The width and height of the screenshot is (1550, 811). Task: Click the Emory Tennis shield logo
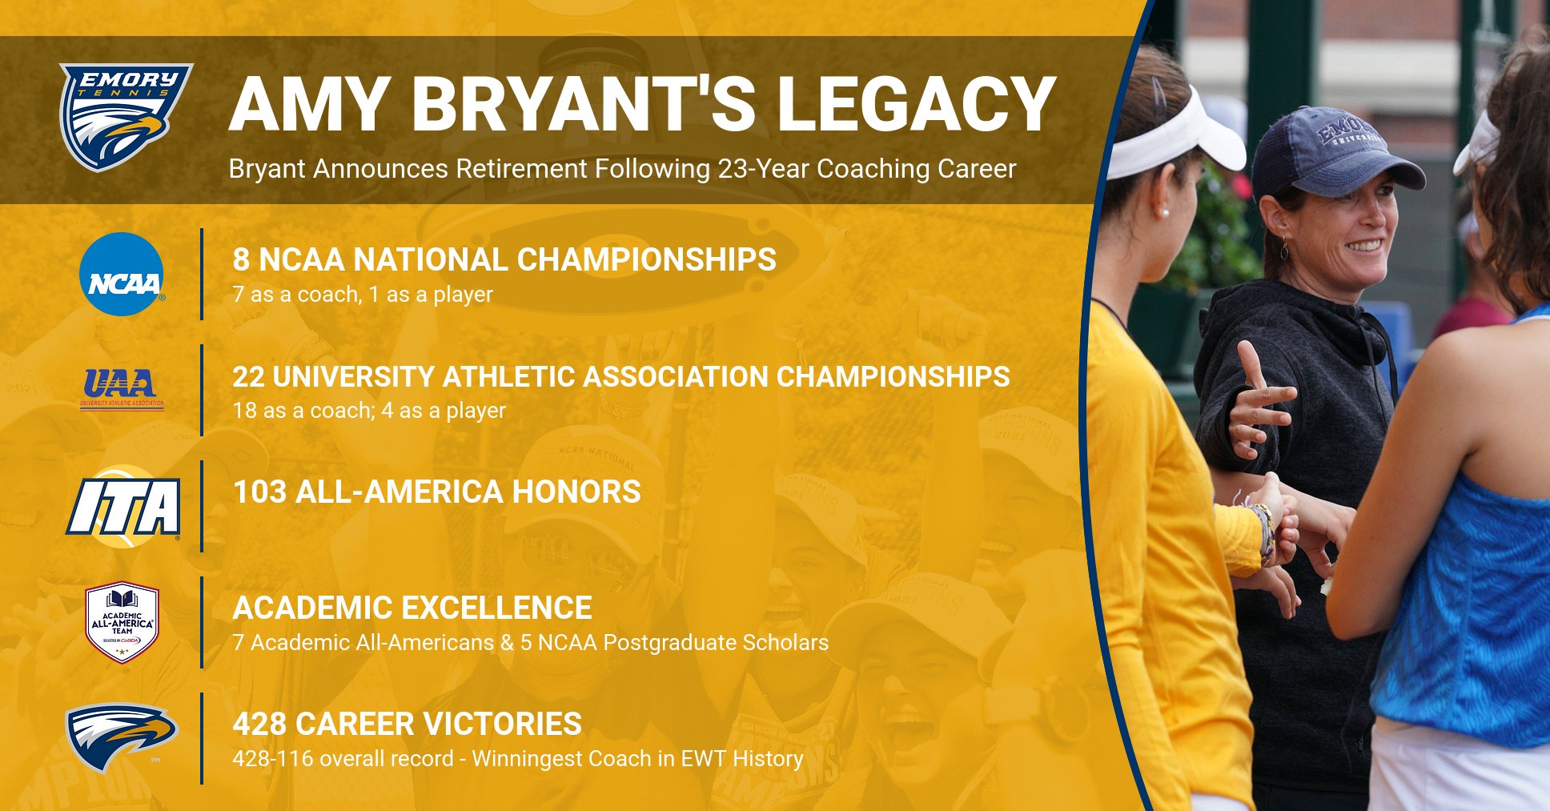(x=125, y=116)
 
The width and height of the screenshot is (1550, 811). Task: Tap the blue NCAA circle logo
(x=122, y=275)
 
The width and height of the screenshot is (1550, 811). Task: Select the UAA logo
(x=122, y=387)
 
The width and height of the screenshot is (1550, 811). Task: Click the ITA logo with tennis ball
(x=122, y=507)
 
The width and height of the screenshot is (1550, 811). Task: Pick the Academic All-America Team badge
(x=122, y=622)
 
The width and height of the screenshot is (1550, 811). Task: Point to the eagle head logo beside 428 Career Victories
(x=120, y=736)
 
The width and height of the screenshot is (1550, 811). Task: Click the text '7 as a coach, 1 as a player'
(x=362, y=295)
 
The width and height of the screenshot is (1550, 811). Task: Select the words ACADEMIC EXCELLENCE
(x=412, y=608)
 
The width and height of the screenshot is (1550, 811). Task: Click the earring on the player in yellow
(x=1163, y=214)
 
